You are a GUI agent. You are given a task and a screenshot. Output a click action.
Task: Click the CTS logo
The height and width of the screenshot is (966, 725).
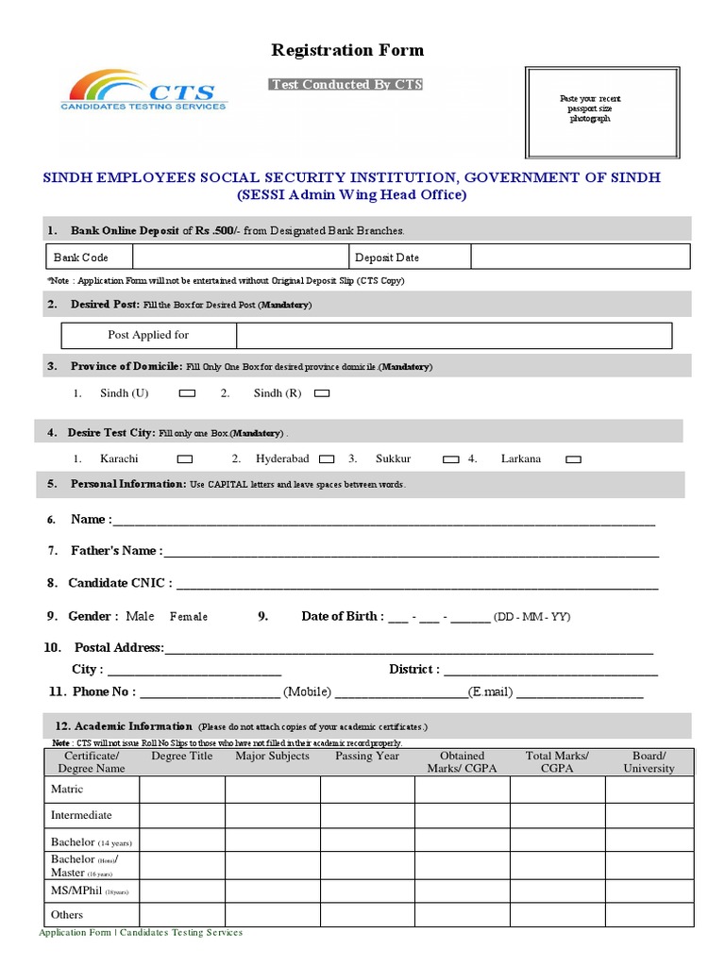coord(143,92)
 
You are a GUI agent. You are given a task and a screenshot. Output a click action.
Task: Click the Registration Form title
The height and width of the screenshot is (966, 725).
coord(347,50)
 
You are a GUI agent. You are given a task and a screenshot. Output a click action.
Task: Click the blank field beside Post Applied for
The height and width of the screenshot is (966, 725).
coord(453,336)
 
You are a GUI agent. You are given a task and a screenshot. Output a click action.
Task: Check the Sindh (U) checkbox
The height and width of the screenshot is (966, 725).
coord(187,393)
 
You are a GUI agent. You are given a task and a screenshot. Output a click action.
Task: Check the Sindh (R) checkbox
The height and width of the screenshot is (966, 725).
coord(322,393)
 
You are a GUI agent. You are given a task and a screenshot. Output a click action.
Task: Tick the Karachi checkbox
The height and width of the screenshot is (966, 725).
coord(185,459)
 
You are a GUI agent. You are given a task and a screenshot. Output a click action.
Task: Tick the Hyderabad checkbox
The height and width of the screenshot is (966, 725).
coord(327,459)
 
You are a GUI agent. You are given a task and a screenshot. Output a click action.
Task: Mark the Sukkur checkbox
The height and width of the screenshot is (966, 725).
coord(451,459)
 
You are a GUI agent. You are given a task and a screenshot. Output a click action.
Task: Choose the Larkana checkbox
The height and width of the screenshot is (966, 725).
coord(573,459)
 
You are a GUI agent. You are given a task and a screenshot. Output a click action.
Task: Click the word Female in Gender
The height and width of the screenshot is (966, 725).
coord(189,617)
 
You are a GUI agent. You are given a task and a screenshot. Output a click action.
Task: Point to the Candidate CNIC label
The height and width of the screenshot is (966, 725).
coord(120,584)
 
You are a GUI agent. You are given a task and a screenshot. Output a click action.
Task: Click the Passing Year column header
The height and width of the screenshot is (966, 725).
coord(367,757)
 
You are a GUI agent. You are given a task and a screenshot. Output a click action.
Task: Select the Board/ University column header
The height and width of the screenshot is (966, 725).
coord(649,762)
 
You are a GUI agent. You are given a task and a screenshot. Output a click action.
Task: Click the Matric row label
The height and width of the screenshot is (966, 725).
coord(67,790)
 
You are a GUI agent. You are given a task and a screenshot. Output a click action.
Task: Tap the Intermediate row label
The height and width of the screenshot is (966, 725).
coord(81,815)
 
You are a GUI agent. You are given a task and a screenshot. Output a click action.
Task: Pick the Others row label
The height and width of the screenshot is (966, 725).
coord(67,915)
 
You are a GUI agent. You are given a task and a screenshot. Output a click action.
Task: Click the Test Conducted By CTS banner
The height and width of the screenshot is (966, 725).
coord(346,85)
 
